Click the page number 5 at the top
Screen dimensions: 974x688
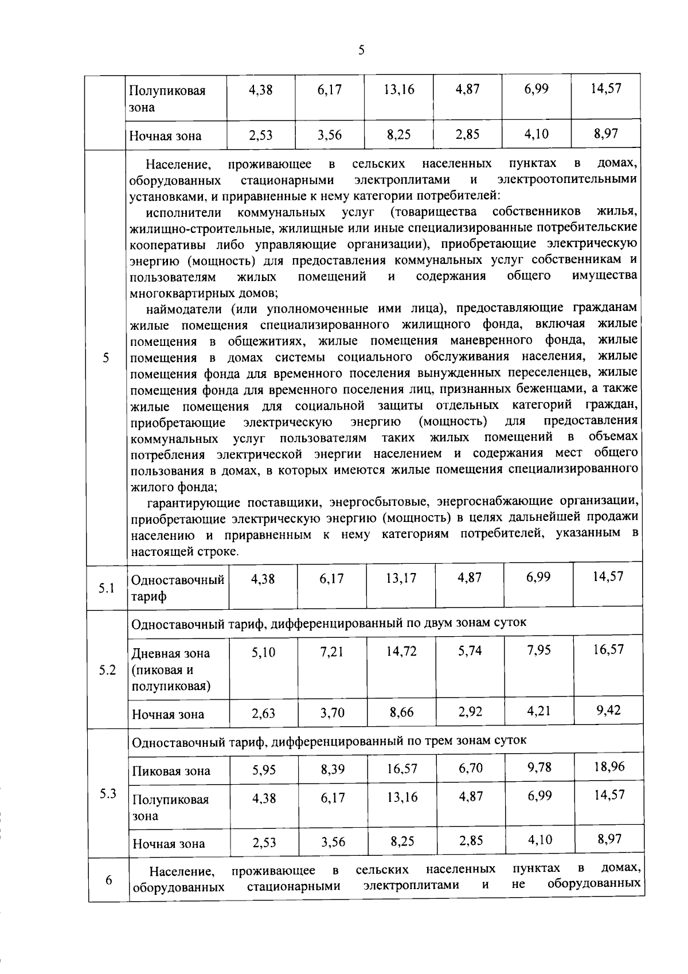(361, 50)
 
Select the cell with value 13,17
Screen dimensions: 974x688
(401, 578)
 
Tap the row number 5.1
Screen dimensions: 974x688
(106, 588)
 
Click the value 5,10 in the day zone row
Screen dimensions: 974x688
(263, 652)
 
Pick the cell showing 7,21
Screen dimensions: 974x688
(332, 652)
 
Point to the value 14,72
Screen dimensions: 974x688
(401, 652)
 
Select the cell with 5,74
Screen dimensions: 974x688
(470, 651)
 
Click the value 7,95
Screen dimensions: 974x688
(539, 651)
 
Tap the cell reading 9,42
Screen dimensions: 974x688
(608, 711)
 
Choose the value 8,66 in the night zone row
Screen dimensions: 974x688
(401, 712)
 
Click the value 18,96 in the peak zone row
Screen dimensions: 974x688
(609, 767)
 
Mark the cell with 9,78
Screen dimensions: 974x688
(540, 767)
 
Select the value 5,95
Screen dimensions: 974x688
(264, 770)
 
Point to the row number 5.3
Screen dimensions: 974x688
(107, 794)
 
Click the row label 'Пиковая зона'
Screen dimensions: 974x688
(171, 771)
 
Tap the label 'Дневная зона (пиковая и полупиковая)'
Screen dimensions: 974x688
(171, 669)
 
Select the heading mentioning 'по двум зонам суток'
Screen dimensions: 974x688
(329, 623)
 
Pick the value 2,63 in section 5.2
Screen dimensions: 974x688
(263, 714)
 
